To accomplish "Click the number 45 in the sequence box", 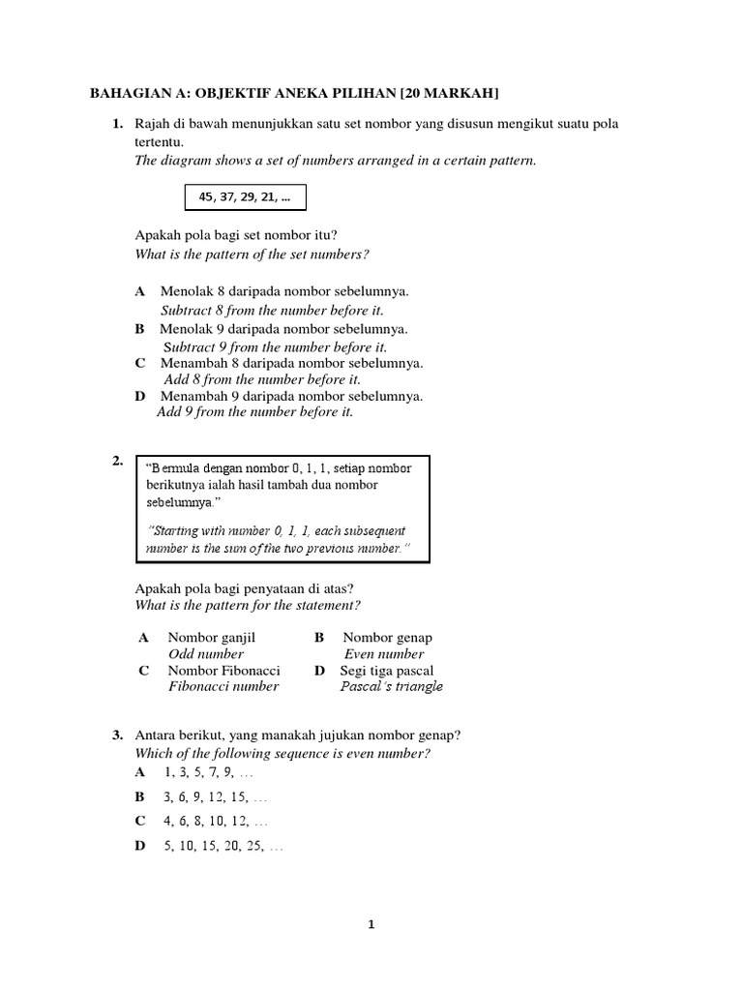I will (x=206, y=197).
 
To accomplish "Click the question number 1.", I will (x=117, y=125).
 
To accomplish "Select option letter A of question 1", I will (x=140, y=290).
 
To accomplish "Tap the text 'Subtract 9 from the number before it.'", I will (x=275, y=346).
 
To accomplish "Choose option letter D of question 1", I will (x=140, y=396).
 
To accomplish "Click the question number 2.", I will (x=117, y=462).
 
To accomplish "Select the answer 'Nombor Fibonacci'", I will (x=223, y=670).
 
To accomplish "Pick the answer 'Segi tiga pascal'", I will (x=387, y=670).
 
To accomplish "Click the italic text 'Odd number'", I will (x=206, y=654).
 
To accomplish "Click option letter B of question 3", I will (x=140, y=797).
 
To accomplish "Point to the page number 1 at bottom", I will (x=371, y=924).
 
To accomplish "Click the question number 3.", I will (x=117, y=736).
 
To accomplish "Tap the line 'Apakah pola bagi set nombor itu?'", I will (x=236, y=236).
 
